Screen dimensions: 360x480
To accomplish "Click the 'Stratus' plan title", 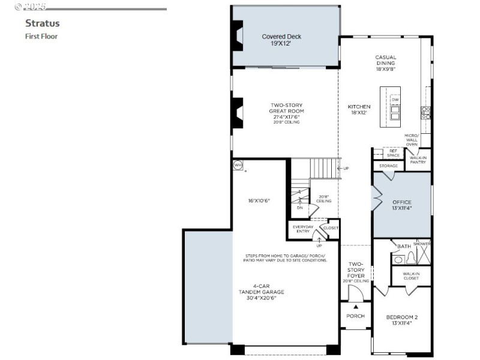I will (x=42, y=24).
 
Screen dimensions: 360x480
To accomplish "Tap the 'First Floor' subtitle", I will (x=41, y=37).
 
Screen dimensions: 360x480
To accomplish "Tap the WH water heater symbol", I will (x=238, y=165).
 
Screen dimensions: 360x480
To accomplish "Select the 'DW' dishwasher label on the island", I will (x=395, y=100).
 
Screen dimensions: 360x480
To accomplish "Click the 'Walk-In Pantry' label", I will (x=418, y=160).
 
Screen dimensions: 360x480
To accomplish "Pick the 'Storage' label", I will (x=388, y=166).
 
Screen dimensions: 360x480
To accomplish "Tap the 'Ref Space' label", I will (x=393, y=153).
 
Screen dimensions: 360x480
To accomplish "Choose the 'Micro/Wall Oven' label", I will (x=411, y=140).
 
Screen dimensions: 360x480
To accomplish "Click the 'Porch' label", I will (x=356, y=316).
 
